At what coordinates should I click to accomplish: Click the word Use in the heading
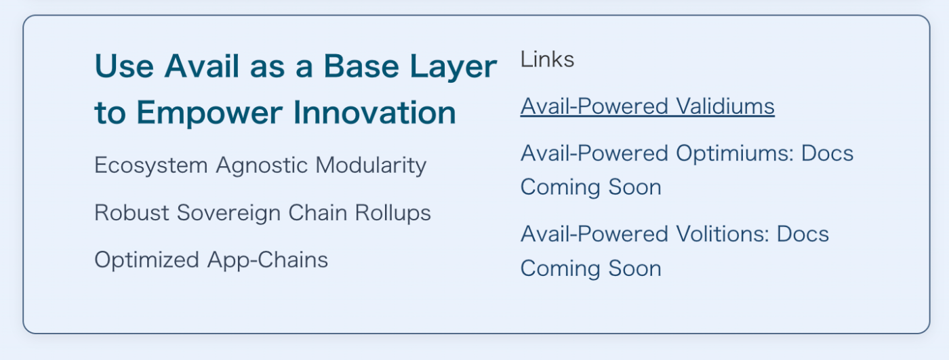124,66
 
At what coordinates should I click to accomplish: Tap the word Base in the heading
361,66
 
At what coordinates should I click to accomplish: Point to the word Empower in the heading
209,113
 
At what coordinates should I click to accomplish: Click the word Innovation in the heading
374,113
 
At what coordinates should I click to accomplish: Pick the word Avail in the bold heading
202,66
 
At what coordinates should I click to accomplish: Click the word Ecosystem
150,165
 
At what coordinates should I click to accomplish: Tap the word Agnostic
262,165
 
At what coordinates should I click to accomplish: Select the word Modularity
371,165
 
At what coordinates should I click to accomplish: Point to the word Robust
132,213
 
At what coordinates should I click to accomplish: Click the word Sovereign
228,214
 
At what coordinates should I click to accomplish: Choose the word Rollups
392,214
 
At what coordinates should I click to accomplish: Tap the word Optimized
146,260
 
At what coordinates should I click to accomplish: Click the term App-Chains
267,260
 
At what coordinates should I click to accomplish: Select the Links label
548,59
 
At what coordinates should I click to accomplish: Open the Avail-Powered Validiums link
647,106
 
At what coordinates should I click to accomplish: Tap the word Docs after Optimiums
827,153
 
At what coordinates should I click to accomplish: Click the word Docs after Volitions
803,234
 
